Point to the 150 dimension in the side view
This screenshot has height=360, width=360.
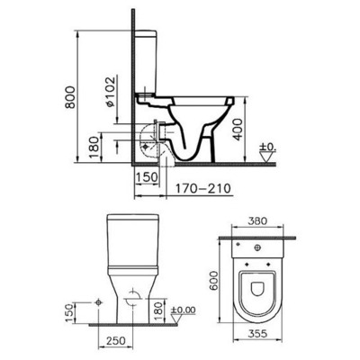[145, 176]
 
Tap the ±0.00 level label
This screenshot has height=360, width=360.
[184, 310]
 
